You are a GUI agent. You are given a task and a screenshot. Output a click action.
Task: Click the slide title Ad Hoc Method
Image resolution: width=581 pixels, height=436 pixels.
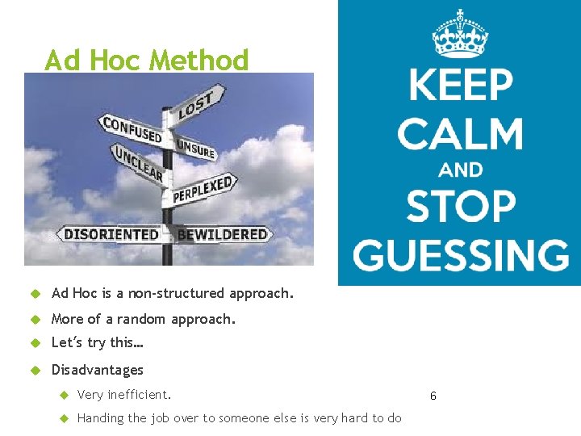[146, 60]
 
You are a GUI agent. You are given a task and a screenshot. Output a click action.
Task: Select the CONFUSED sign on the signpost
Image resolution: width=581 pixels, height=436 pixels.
[132, 130]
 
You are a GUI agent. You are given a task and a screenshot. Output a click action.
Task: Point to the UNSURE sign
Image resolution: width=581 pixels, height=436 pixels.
[195, 148]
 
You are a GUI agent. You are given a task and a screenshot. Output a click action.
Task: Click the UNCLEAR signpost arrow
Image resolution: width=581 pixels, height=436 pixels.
[138, 163]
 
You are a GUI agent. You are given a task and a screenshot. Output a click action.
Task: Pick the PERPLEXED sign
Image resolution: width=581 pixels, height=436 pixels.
[203, 189]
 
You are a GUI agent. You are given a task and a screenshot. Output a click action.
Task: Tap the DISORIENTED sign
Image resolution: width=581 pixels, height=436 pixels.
[111, 234]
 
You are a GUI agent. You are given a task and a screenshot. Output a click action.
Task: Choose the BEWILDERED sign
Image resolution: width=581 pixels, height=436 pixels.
[223, 234]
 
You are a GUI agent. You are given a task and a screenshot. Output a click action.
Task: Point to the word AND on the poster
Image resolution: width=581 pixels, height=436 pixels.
[460, 170]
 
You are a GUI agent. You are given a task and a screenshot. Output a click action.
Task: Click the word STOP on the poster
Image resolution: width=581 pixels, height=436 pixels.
[460, 207]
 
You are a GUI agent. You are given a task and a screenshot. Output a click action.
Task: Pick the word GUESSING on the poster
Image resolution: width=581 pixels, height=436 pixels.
[460, 254]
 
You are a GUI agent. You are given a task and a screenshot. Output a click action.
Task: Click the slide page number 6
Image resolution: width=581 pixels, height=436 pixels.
[433, 396]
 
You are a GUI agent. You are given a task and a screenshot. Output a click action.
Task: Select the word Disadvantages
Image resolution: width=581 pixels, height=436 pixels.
[97, 370]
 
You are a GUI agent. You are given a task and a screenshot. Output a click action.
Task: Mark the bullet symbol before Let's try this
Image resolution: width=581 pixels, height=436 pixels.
[35, 343]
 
